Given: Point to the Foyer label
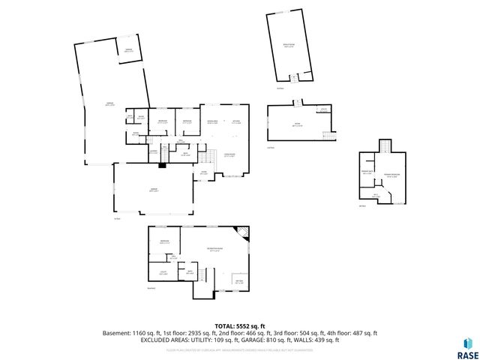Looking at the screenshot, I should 202,172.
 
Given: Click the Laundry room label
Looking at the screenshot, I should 153,151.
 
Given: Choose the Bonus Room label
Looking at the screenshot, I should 288,45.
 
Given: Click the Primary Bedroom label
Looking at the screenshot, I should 391,175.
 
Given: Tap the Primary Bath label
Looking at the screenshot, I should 367,172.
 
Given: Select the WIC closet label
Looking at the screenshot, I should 376,194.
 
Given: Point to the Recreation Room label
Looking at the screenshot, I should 214,250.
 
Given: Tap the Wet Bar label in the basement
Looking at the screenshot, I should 238,282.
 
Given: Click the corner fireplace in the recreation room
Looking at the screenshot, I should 242,232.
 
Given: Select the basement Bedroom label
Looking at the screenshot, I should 163,241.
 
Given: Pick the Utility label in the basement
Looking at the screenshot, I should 162,272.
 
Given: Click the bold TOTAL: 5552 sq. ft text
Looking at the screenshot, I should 240,326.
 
